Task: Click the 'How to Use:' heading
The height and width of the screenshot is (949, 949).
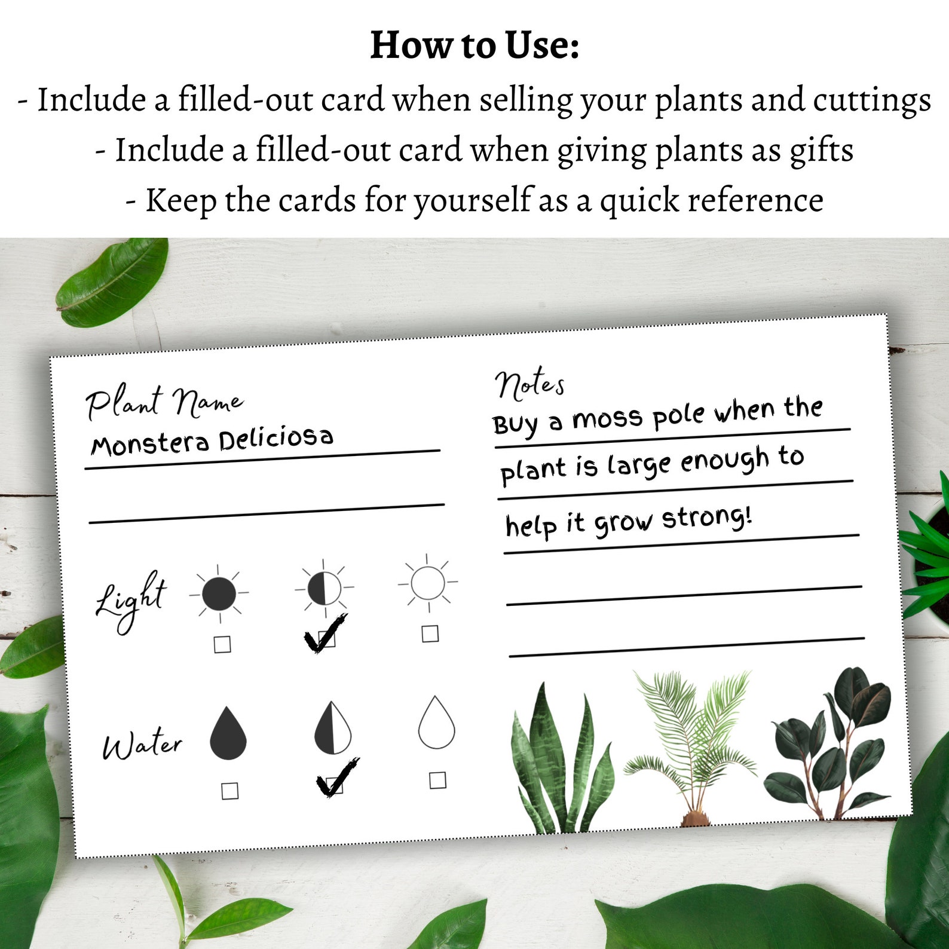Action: [474, 45]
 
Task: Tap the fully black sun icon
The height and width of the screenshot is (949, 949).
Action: [219, 594]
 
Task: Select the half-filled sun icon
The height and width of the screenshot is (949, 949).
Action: [324, 588]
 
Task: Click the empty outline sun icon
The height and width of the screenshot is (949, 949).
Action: [428, 583]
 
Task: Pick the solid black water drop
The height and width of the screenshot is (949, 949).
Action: [228, 734]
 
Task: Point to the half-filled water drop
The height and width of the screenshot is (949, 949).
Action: [333, 727]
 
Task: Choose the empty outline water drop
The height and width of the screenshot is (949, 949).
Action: [436, 723]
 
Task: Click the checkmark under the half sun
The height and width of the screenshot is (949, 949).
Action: [325, 633]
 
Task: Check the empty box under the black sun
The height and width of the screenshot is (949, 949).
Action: [222, 644]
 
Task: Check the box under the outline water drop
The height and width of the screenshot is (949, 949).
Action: [437, 780]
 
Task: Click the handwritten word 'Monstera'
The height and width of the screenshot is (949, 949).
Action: [150, 443]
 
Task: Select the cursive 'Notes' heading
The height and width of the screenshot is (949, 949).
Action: [529, 384]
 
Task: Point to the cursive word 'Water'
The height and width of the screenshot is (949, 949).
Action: [142, 745]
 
